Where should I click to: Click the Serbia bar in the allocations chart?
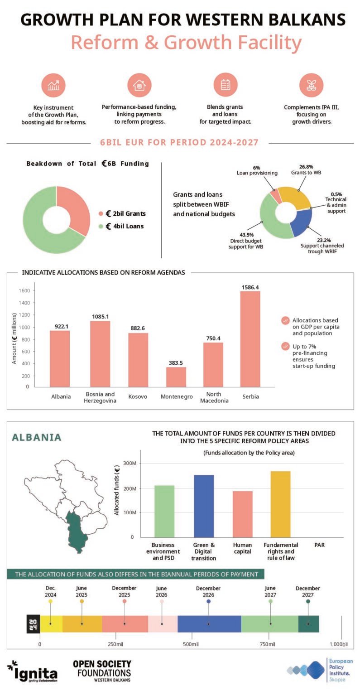coord(250,339)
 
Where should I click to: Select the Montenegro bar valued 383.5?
coord(176,377)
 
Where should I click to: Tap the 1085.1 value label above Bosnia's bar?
coord(101,317)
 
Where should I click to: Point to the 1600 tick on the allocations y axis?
coord(24,290)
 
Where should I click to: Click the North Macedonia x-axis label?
coord(214,397)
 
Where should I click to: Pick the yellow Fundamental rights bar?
coord(280,504)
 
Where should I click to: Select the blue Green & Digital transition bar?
coord(204,506)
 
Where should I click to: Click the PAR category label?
coord(319,545)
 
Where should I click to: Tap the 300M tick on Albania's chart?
coord(130,463)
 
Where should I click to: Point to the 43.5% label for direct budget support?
coord(246,235)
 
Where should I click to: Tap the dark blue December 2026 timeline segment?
coord(209,623)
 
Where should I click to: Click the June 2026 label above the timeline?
coord(161,592)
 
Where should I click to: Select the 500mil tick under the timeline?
coord(191,644)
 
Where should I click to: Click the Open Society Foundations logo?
coord(102,671)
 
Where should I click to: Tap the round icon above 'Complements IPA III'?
coord(311,85)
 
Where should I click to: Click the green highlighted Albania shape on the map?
coord(76,531)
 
